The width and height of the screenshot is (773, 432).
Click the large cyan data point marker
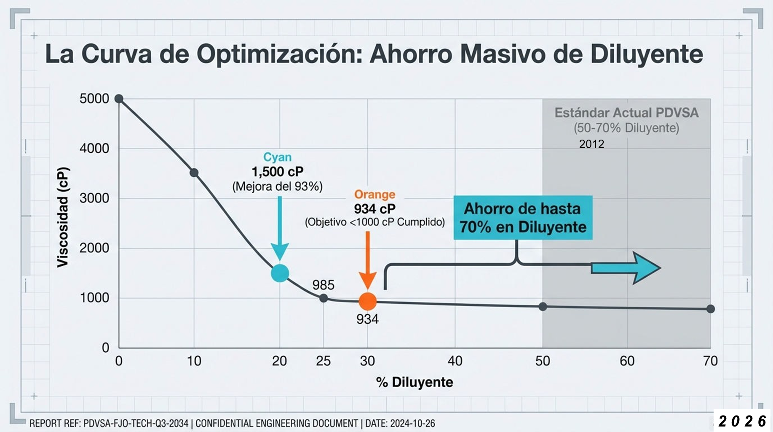[280, 273]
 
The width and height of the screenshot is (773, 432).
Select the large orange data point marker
[367, 301]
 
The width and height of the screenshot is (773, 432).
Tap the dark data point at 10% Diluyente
[194, 173]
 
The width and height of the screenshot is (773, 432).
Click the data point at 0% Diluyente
[119, 99]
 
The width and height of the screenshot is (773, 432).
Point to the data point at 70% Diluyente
[711, 309]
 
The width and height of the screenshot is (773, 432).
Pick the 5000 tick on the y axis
[94, 99]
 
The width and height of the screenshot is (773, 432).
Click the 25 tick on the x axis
[323, 361]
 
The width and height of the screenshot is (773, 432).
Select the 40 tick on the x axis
[455, 361]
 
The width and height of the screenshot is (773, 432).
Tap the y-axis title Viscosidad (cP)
[63, 217]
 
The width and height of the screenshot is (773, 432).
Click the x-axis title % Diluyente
[415, 382]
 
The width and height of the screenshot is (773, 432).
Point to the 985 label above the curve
[323, 285]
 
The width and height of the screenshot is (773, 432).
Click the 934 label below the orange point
[367, 319]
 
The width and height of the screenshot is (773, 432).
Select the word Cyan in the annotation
[277, 157]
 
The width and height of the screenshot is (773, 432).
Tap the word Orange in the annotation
[374, 194]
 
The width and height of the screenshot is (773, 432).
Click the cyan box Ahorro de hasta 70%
[523, 218]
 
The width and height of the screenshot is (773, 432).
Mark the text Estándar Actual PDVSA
[626, 113]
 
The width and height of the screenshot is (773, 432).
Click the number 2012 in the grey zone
[591, 144]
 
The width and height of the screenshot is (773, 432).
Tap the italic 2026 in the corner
[742, 421]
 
